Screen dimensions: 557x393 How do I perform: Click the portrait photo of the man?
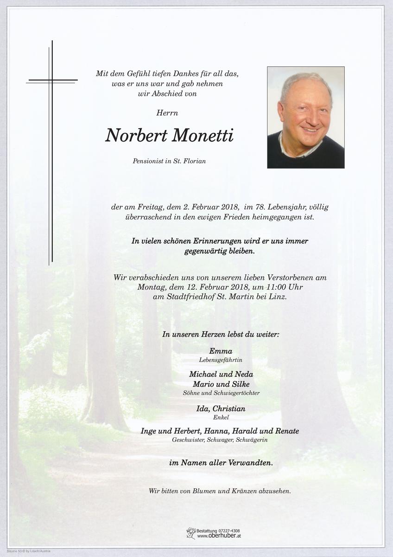click(x=305, y=117)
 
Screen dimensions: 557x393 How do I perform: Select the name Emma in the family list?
click(x=221, y=351)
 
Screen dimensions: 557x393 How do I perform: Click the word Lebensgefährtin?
click(x=221, y=360)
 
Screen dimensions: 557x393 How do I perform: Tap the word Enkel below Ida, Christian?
click(x=221, y=417)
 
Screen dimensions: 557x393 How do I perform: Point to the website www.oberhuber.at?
click(x=219, y=536)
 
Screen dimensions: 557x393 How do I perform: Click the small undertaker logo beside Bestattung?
click(x=190, y=533)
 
